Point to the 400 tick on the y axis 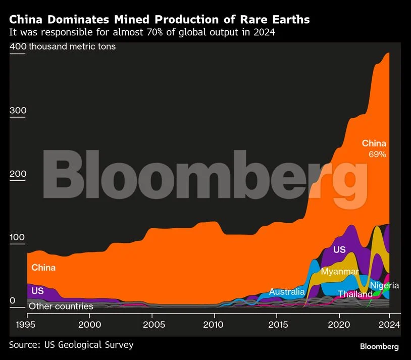tap(18, 46)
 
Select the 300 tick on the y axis tap(18, 111)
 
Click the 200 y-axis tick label tap(18, 174)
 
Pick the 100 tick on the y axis tap(18, 238)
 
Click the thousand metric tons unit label tap(72, 46)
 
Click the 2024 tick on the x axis tap(389, 324)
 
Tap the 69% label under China tap(377, 155)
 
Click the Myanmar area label tap(340, 272)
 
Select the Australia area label tap(287, 291)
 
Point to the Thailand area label tap(355, 294)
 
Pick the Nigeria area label tap(384, 285)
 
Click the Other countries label tap(61, 306)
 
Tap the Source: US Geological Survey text tap(71, 345)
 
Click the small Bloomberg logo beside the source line tap(379, 346)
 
